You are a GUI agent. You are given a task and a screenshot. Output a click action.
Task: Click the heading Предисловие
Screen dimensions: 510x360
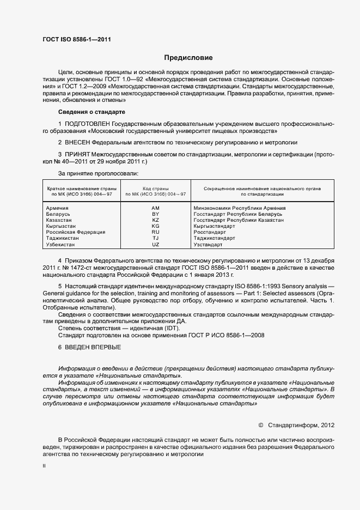pos(188,58)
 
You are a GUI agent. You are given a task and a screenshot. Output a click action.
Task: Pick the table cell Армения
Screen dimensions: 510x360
pos(57,208)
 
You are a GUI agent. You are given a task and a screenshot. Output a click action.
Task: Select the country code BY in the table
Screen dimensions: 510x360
pos(155,214)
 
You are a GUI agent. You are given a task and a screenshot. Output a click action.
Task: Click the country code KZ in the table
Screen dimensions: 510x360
pos(155,220)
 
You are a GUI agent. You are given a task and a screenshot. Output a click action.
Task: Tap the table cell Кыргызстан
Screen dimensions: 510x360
pos(61,226)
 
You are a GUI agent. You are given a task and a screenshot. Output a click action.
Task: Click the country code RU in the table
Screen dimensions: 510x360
pos(155,232)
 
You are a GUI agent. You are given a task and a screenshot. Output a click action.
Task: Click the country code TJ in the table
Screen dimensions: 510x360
pos(155,238)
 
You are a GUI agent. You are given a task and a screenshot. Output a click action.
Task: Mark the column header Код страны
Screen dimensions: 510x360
pos(155,188)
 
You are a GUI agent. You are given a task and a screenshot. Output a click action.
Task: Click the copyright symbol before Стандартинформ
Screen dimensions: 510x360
pos(260,424)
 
